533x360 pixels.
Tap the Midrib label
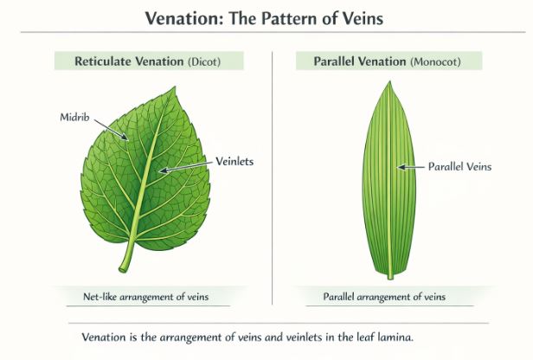pos(74,117)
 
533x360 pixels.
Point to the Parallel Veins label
pos(459,166)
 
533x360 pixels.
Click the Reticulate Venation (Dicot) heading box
pos(149,61)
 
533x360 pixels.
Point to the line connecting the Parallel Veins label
pos(411,166)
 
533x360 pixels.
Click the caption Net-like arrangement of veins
pos(138,297)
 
